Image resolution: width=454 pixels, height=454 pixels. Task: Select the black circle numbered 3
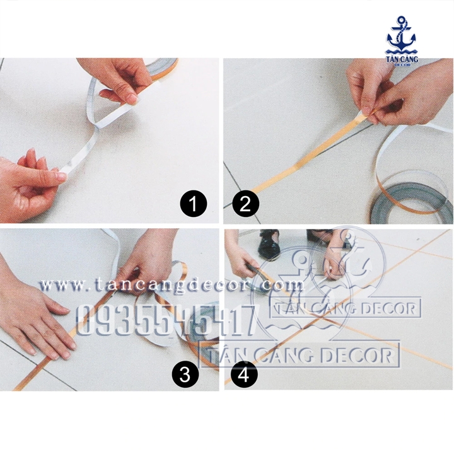[184, 376]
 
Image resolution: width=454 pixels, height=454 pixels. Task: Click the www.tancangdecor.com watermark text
[170, 286]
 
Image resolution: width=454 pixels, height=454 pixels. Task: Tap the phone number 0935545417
[166, 320]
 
